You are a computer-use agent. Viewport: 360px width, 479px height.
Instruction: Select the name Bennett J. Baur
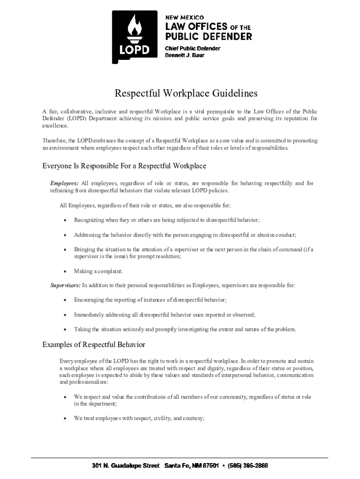[185, 55]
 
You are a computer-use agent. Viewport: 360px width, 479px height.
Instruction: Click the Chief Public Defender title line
[192, 48]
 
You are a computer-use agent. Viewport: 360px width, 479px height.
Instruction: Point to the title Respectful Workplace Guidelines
[186, 94]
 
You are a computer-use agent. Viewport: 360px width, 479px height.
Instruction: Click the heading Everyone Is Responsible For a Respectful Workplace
[124, 166]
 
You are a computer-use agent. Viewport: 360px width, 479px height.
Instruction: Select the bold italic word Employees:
[65, 183]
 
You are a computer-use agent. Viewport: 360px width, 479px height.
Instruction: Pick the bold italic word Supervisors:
[65, 285]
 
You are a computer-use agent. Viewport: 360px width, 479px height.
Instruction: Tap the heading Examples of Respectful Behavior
[94, 345]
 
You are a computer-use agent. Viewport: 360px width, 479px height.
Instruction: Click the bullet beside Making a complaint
[65, 271]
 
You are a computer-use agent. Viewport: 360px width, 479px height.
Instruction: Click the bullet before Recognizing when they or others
[65, 220]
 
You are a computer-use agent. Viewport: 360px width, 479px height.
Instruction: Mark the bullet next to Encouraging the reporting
[65, 300]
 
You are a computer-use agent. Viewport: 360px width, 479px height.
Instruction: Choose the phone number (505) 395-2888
[248, 466]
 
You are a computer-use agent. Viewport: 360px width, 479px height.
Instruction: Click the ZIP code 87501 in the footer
[210, 466]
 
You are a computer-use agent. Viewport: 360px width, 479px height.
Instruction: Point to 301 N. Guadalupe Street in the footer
[126, 466]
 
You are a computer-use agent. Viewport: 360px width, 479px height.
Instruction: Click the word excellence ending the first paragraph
[55, 126]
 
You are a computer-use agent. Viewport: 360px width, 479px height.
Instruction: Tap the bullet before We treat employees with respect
[65, 419]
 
